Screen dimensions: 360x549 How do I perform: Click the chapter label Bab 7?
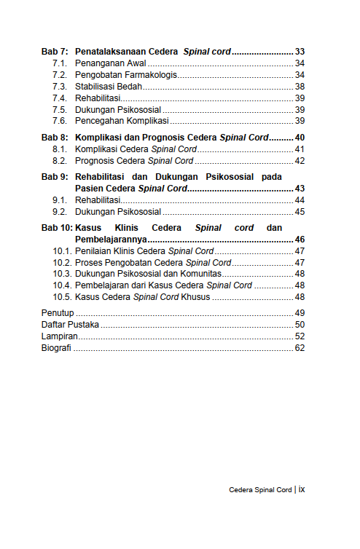click(55, 52)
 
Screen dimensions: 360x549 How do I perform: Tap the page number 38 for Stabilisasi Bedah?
click(300, 87)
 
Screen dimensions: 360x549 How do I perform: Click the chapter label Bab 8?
click(55, 138)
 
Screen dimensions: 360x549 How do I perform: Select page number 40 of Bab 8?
click(300, 138)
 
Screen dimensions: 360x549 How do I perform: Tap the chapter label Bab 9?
click(55, 177)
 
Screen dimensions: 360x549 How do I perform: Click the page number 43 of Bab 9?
click(300, 189)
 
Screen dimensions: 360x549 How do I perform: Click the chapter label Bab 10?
click(57, 228)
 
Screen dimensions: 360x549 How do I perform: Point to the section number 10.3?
click(62, 274)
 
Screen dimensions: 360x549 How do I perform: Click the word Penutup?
click(57, 313)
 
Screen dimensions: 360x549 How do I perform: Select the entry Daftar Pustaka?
click(70, 325)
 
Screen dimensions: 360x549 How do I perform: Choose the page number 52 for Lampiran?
click(300, 336)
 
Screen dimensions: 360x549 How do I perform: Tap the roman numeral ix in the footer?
click(302, 489)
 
